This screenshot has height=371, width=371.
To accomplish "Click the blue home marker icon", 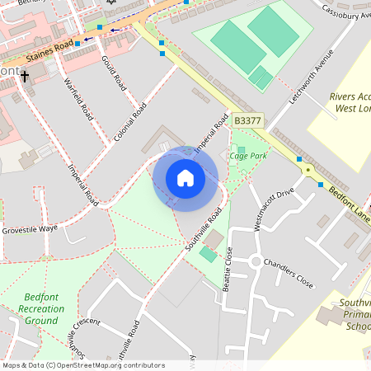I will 185,177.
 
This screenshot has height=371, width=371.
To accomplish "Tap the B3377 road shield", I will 247,120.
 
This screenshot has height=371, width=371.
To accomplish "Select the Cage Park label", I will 248,155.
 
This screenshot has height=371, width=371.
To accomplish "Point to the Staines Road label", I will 49,51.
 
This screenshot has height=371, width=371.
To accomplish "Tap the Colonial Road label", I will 131,120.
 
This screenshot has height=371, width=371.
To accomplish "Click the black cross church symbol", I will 25,77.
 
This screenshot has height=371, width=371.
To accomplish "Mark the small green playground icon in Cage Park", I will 241,149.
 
